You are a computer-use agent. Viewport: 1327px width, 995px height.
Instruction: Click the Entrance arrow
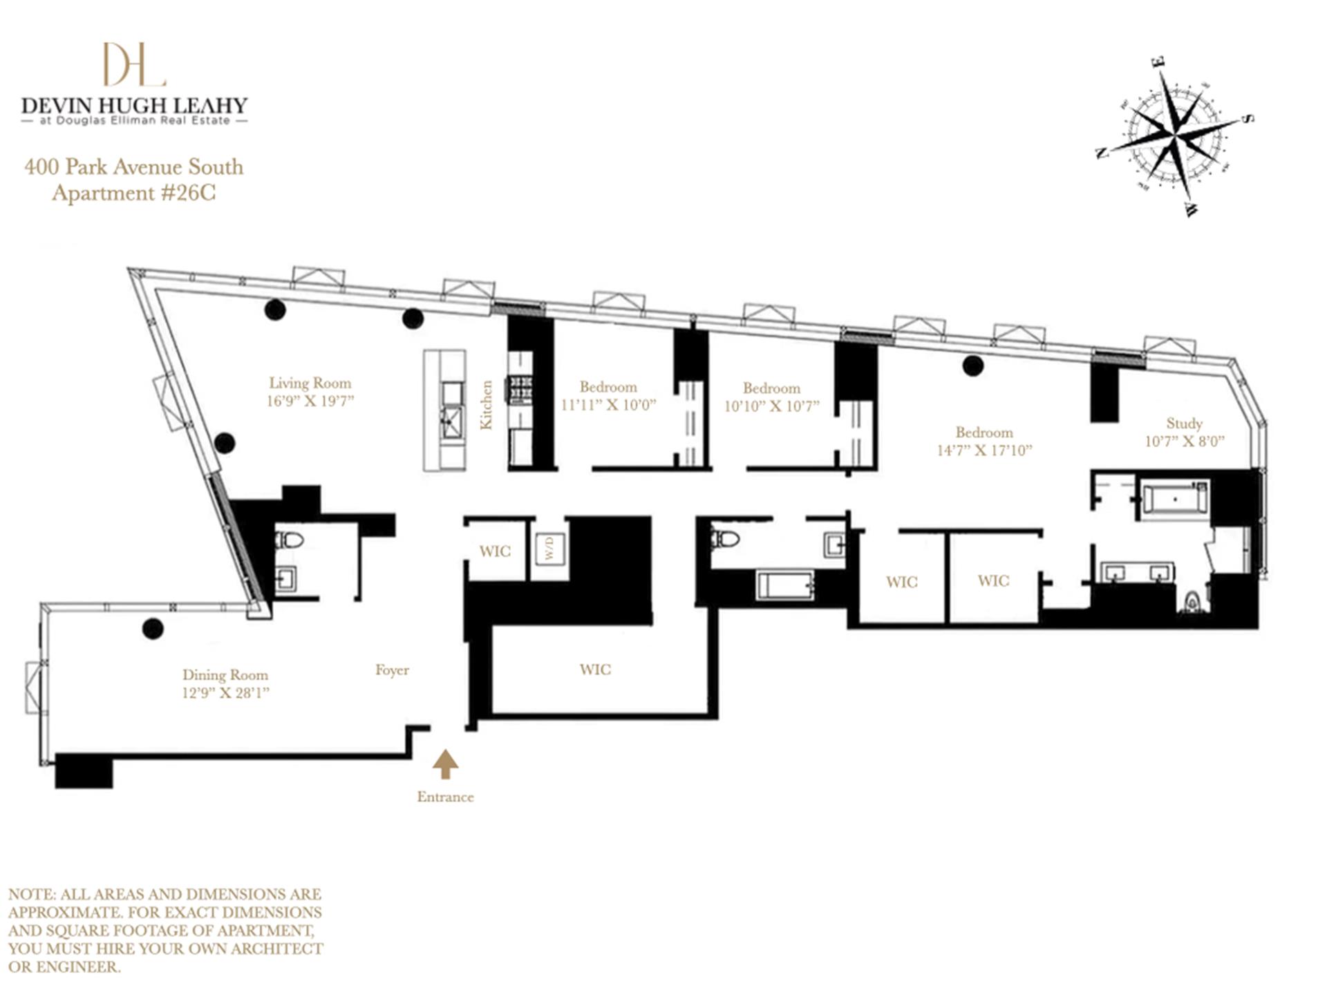click(x=445, y=764)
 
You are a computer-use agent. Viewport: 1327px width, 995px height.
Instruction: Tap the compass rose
click(x=1175, y=136)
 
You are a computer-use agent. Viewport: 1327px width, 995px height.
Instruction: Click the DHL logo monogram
click(x=134, y=64)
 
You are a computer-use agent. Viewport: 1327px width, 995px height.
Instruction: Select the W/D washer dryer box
click(x=550, y=550)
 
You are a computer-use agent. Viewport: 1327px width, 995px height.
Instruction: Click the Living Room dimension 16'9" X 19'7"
click(x=310, y=401)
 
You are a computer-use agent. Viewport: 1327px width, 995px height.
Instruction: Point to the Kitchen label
click(x=487, y=405)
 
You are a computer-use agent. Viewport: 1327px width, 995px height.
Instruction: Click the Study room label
click(x=1184, y=423)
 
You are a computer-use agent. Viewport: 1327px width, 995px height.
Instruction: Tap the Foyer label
click(x=392, y=670)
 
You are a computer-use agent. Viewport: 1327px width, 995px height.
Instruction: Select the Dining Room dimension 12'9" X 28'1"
click(x=225, y=693)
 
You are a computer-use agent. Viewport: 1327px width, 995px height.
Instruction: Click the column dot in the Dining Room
click(x=153, y=628)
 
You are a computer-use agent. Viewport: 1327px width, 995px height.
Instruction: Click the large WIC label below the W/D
click(x=595, y=669)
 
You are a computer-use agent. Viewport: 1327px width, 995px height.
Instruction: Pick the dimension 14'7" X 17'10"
click(x=984, y=451)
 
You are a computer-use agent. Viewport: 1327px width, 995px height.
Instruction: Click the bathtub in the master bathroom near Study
click(x=1175, y=497)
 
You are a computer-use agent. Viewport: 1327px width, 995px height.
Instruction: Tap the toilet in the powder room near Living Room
click(x=289, y=540)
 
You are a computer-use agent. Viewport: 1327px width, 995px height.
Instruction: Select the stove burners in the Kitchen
click(x=520, y=388)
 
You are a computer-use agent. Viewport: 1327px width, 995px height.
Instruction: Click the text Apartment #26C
click(x=134, y=193)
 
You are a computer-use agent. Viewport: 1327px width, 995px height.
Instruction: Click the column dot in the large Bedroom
click(x=973, y=366)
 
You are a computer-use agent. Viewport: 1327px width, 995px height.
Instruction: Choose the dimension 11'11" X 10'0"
click(x=608, y=405)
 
